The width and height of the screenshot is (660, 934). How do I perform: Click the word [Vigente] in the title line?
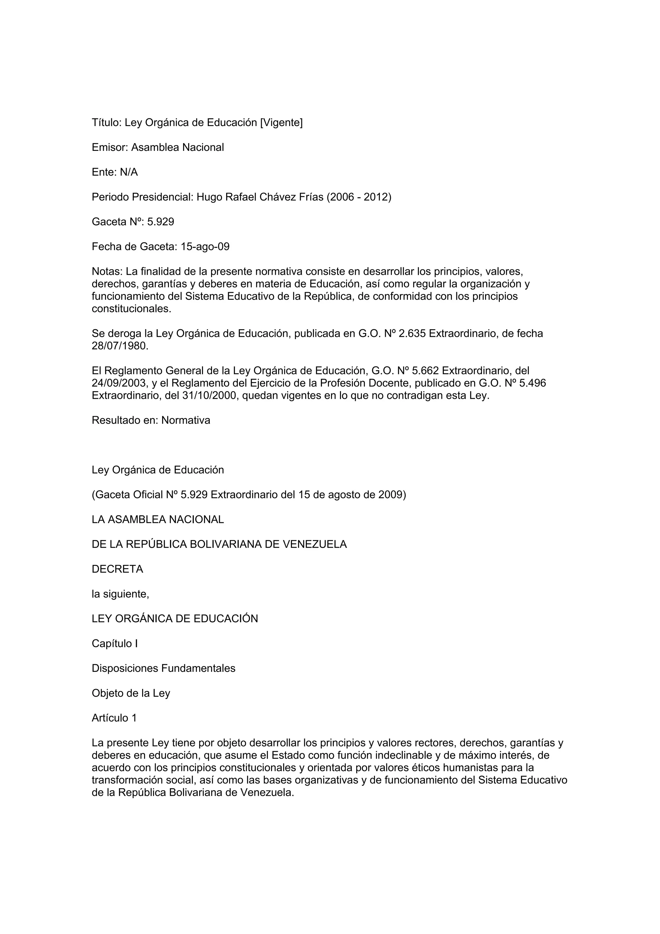pos(281,123)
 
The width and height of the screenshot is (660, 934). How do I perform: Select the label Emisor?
pos(110,147)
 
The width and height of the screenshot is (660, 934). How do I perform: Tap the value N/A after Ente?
pos(129,172)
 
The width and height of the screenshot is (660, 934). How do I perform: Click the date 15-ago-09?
pos(205,247)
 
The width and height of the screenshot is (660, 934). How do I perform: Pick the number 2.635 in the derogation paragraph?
pos(412,334)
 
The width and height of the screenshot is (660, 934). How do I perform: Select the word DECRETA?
pos(118,569)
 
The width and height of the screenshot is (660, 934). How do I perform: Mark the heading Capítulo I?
pos(115,644)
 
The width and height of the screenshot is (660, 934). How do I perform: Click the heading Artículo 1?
pos(114,718)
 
